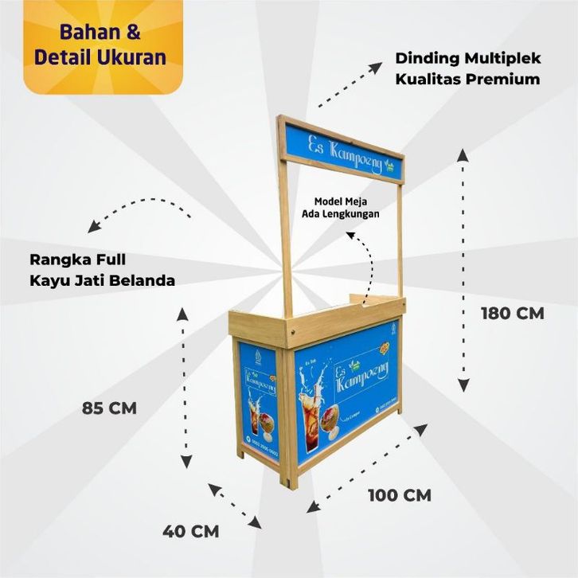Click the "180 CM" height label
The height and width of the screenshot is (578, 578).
tap(512, 313)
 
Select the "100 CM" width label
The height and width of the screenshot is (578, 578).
tap(399, 494)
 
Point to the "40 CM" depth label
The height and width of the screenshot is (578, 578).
tap(190, 530)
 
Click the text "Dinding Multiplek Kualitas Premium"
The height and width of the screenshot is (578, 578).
tap(467, 68)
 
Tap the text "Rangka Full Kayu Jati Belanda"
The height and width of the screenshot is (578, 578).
tap(102, 270)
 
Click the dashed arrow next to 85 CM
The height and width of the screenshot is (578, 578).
tap(185, 388)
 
